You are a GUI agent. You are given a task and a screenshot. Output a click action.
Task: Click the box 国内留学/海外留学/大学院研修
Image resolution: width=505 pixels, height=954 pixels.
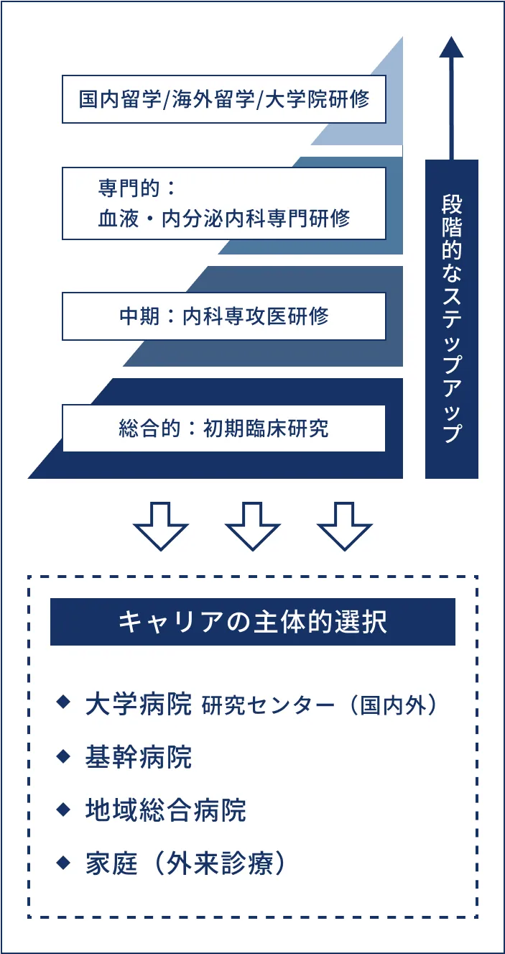pos(223,99)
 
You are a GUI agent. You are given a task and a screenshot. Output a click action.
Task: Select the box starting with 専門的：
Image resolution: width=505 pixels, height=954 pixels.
pos(223,203)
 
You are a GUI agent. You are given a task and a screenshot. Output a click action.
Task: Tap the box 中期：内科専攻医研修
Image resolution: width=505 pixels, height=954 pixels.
pos(223,316)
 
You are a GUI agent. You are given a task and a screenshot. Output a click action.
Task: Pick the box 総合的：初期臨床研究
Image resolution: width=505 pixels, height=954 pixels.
pos(223,428)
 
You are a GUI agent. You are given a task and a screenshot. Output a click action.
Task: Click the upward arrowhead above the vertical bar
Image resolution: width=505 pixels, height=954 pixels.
pos(451,46)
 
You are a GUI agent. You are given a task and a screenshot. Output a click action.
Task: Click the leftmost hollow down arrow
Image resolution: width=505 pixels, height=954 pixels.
pos(161,526)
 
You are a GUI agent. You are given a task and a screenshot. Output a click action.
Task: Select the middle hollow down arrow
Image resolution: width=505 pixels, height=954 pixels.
pos(252,526)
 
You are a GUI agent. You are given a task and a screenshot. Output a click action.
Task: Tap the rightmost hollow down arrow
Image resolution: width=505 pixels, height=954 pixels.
pos(344,526)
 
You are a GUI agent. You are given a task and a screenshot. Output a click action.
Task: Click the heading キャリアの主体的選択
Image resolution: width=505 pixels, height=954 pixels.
pos(252,622)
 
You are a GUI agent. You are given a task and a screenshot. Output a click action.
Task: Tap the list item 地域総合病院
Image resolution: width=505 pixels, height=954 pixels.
pos(165,810)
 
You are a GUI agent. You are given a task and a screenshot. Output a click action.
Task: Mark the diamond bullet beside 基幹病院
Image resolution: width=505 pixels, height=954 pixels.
pos(64,756)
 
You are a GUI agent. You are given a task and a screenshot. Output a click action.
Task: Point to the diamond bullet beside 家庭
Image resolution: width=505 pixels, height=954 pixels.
pos(64,861)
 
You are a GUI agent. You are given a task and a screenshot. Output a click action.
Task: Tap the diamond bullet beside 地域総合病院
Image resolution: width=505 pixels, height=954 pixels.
pos(64,809)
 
